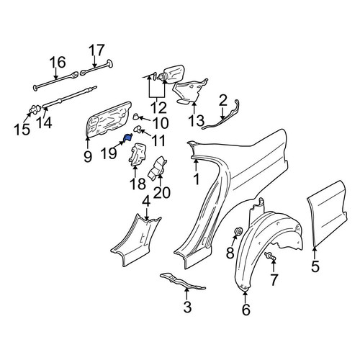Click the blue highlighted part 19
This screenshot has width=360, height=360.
point(127,138)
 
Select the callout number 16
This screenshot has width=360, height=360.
point(58,62)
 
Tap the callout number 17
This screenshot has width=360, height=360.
point(96,50)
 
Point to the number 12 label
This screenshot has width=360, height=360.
point(158,107)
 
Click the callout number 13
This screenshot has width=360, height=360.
point(197,121)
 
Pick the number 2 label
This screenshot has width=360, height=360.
point(223,101)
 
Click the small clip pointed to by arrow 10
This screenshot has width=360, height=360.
point(136,117)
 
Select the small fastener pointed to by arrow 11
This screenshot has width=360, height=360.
point(138,129)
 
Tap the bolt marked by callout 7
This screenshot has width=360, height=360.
point(270,256)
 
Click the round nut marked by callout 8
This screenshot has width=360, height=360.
point(238,231)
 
